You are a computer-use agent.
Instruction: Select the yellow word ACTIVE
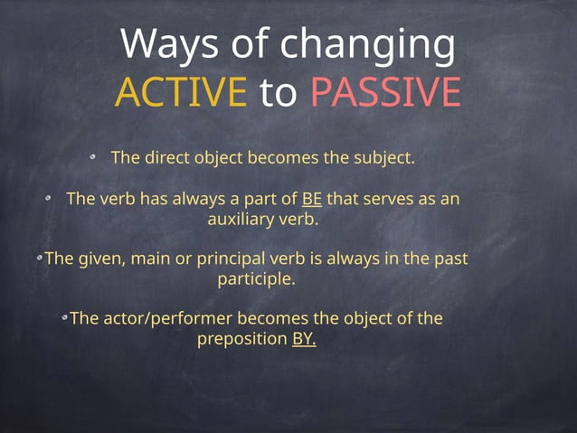click(181, 92)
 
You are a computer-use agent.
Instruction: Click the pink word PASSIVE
click(385, 92)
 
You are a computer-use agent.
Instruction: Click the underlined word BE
click(311, 199)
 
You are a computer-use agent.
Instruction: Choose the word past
click(449, 259)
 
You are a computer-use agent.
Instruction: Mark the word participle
click(257, 278)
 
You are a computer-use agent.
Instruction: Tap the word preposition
click(242, 339)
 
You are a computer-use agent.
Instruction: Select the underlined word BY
click(304, 339)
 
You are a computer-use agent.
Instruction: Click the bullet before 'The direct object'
click(93, 157)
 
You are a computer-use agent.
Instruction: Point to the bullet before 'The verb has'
click(50, 197)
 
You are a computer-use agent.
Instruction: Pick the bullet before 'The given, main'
click(40, 258)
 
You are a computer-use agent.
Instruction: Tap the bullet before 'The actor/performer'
click(65, 317)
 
